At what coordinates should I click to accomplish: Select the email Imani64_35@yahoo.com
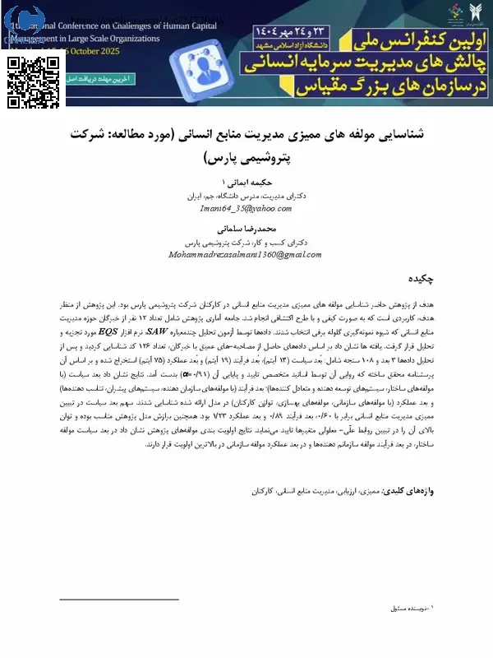click(246, 209)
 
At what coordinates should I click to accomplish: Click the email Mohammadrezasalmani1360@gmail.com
click(246, 256)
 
